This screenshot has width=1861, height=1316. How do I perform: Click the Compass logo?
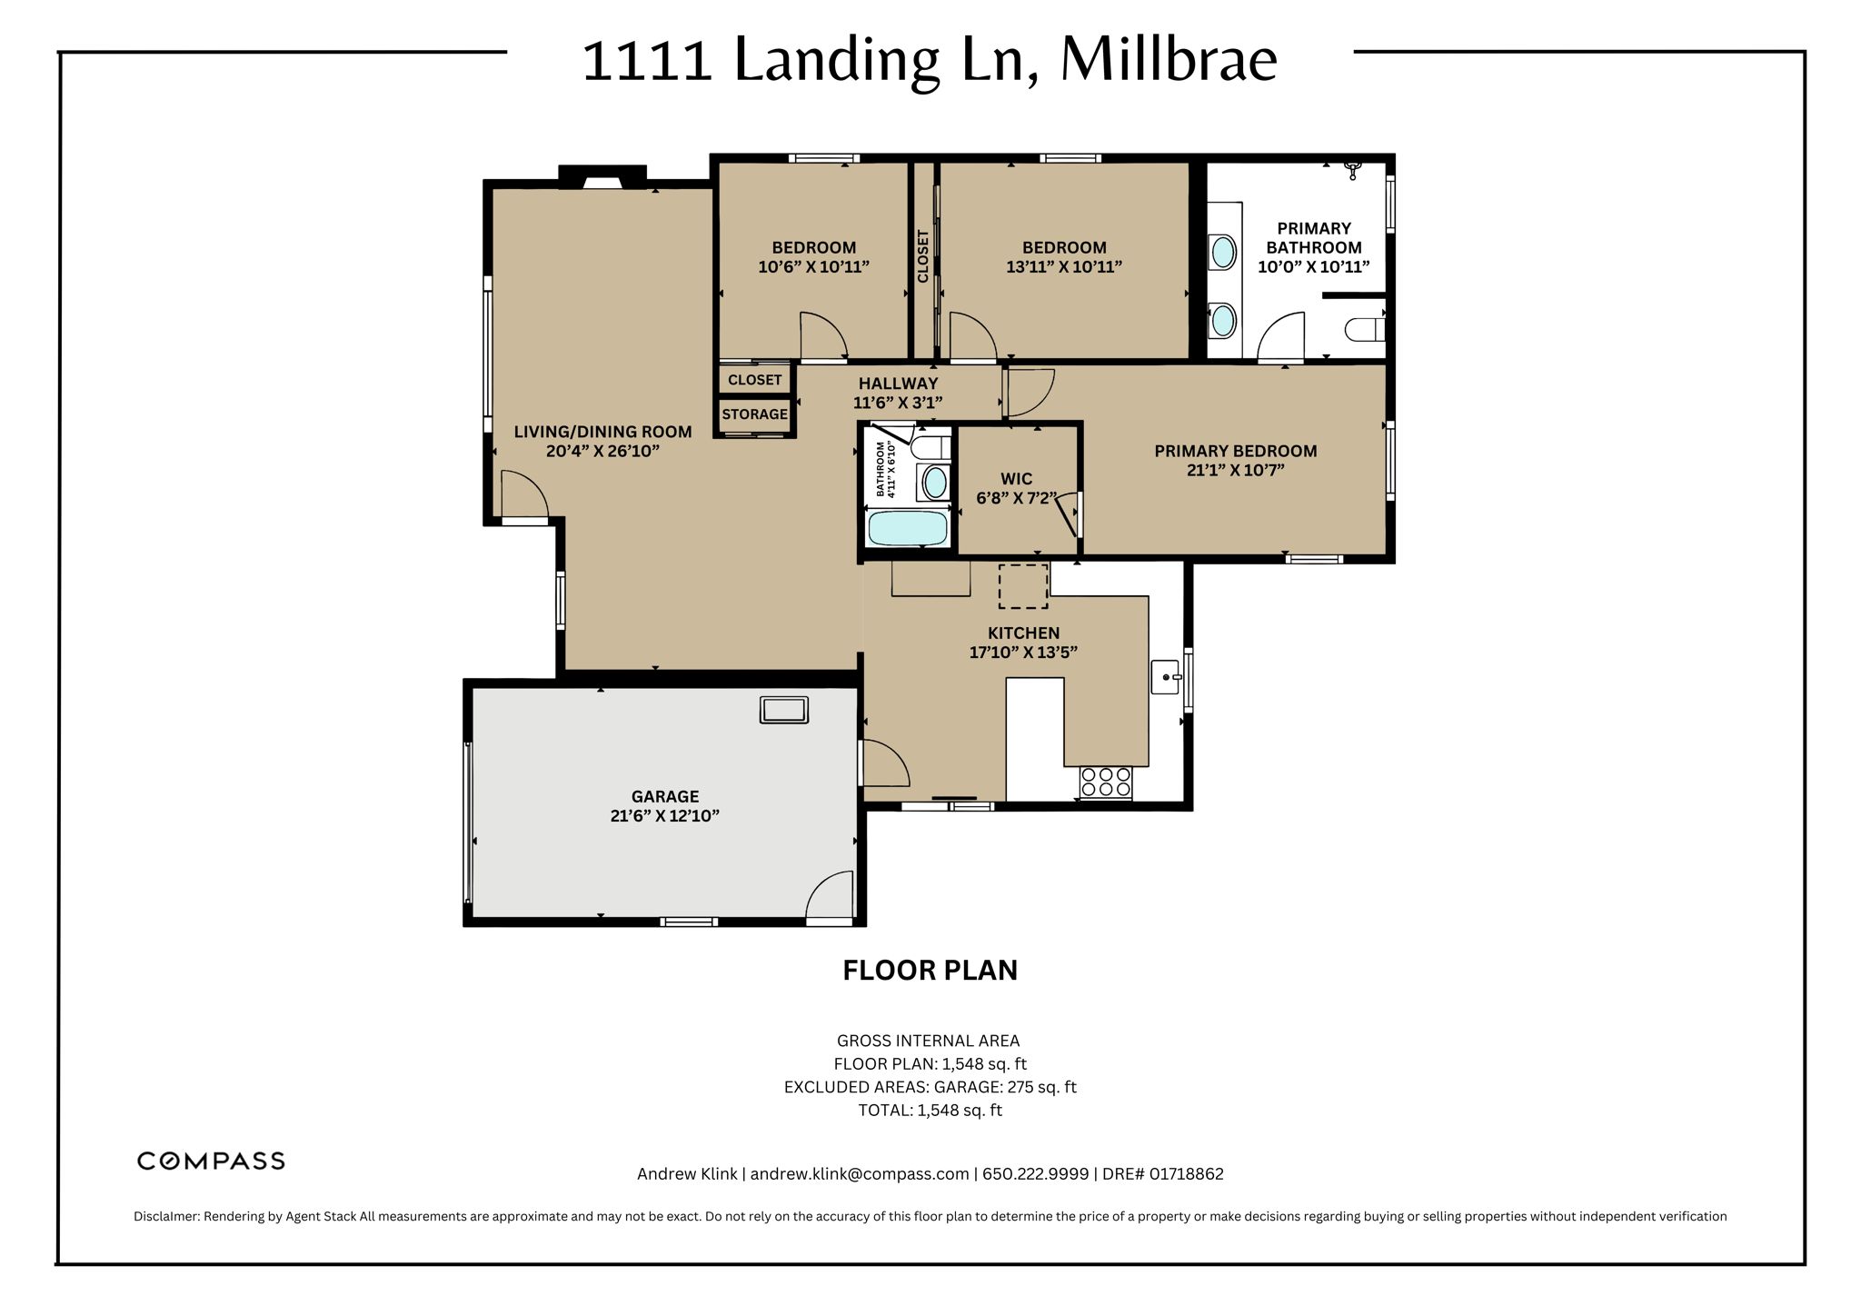(211, 1161)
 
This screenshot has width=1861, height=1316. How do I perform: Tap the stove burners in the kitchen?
(1106, 783)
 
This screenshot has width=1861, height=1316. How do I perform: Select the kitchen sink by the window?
(1166, 677)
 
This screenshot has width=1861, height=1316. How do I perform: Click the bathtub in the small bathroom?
(908, 528)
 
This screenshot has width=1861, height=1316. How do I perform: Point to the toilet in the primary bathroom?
(1364, 329)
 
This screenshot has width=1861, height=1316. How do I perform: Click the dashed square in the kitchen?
(1023, 586)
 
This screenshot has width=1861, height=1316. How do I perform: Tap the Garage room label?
(665, 796)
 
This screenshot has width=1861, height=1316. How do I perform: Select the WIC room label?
(1016, 479)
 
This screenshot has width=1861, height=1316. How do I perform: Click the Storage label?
(754, 414)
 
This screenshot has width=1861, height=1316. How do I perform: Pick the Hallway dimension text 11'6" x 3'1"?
(898, 403)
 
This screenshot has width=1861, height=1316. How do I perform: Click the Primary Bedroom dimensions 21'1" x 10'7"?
(1236, 470)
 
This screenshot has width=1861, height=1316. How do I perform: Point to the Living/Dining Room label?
(602, 432)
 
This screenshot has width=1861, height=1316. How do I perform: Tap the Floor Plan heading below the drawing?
(930, 971)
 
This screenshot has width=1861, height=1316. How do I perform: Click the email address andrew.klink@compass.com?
(860, 1174)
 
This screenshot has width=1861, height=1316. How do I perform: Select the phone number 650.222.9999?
(1035, 1174)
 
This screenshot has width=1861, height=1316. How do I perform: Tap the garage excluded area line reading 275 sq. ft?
(930, 1087)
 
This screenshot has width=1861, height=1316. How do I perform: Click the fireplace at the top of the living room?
(602, 177)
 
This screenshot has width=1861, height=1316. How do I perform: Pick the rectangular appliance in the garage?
(783, 710)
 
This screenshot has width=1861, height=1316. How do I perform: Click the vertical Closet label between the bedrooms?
(923, 256)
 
